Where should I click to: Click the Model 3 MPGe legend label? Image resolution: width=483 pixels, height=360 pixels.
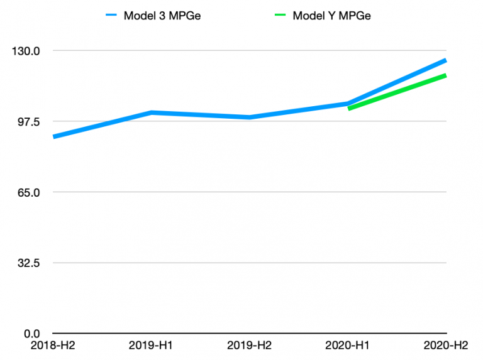pos(162,16)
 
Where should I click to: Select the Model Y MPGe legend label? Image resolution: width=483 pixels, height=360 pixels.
pos(331,16)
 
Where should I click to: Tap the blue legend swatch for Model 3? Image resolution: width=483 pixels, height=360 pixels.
pos(111,15)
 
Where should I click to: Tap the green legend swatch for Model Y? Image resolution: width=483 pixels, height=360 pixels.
pos(280,15)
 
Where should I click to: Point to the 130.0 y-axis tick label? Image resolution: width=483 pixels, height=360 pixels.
pos(26,51)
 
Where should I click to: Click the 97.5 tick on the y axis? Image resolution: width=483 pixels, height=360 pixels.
pos(29,122)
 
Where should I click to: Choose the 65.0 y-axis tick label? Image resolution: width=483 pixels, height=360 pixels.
pos(29,193)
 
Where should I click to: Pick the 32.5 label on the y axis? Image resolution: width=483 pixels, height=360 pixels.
pos(29,263)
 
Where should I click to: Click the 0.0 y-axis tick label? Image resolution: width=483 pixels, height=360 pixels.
pos(32,334)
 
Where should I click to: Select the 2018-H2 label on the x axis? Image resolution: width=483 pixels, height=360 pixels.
pos(53,346)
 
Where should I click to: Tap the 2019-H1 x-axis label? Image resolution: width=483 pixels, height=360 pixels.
pos(151,346)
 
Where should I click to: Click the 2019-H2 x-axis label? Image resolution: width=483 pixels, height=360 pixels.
pos(249,346)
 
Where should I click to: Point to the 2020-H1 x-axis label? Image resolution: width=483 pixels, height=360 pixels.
pos(347,346)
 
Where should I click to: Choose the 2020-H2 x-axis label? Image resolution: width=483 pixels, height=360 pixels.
pos(446,346)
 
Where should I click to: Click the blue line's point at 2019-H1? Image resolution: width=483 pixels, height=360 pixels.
pos(151,112)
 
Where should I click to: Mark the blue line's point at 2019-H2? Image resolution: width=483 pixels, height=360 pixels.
pos(249,117)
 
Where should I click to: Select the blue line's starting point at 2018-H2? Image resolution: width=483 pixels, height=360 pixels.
pos(54,136)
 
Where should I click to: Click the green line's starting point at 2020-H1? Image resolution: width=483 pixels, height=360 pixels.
pos(348,108)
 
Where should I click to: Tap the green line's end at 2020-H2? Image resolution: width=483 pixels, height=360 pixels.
pos(446,75)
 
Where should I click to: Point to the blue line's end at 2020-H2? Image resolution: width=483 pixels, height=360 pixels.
pos(446,60)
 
